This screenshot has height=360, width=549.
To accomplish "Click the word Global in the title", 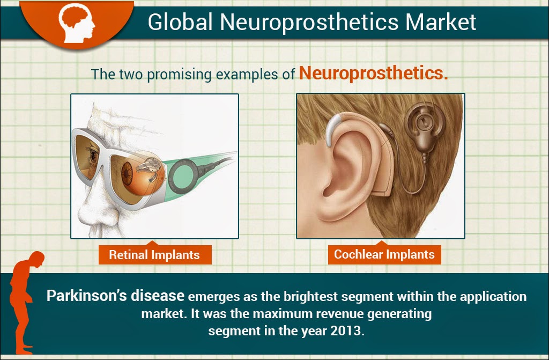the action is tap(180, 22).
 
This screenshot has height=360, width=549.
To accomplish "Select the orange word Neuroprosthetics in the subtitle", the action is tap(373, 74).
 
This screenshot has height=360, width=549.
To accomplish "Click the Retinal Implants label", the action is tap(155, 255).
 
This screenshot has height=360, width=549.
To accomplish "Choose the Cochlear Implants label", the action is tap(384, 254).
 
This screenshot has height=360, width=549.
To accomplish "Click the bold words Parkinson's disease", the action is tap(116, 296).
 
